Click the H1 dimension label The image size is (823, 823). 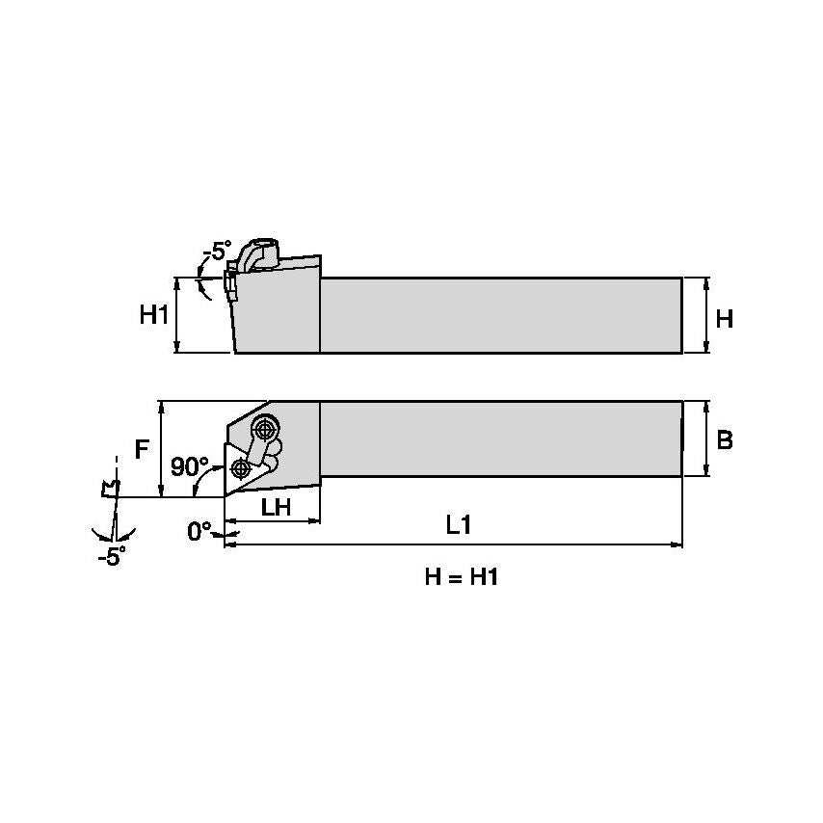153,315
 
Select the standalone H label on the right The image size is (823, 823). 725,318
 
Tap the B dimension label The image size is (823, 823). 725,439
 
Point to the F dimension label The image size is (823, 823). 142,449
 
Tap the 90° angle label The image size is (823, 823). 189,466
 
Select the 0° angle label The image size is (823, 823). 199,531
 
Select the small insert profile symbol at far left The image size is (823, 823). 110,489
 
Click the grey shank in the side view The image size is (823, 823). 501,315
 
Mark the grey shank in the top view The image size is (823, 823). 501,438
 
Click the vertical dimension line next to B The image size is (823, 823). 708,439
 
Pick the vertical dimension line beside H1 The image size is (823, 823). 177,315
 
